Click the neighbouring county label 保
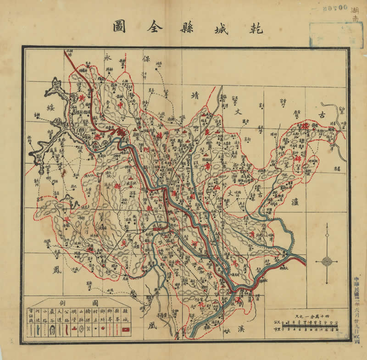[x=147, y=59]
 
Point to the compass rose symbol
[x=327, y=260]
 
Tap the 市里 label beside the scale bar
[x=275, y=329]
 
